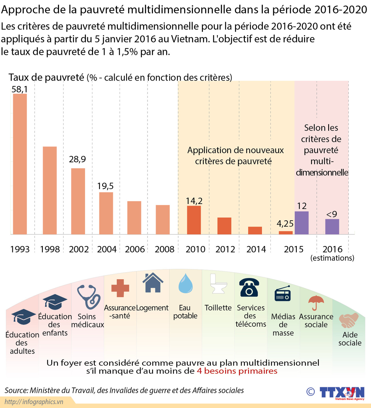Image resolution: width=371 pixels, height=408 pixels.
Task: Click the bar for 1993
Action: click(20, 164)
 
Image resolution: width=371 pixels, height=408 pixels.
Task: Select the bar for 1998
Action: click(50, 190)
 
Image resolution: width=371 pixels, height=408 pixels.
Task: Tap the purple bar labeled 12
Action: click(301, 223)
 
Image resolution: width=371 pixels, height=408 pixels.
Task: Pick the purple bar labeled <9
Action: click(332, 227)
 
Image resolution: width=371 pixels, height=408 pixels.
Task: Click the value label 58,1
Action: click(20, 89)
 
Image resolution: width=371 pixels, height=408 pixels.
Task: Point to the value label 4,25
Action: click(285, 223)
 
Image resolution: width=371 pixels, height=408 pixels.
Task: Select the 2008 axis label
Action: click(164, 249)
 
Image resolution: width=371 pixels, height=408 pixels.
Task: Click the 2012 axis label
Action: click(225, 249)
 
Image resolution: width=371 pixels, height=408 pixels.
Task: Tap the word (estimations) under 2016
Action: click(332, 258)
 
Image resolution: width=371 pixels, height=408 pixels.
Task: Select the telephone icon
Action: click(249, 287)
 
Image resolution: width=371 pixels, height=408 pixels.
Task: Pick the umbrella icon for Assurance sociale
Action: click(316, 302)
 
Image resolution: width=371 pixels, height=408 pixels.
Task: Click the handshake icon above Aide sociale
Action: click(349, 320)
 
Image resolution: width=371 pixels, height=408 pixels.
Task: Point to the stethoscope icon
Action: click(88, 297)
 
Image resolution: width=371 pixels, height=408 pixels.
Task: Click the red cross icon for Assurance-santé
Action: click(120, 288)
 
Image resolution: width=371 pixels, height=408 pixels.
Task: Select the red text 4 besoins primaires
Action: click(237, 371)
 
